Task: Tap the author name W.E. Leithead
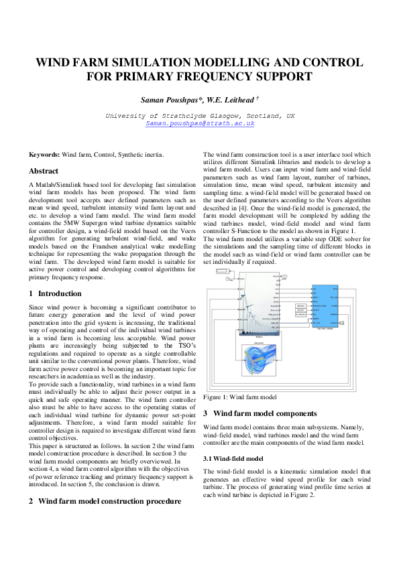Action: coord(227,100)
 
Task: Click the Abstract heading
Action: coord(44,171)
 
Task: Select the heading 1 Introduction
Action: coord(56,293)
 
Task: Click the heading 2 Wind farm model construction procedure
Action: coord(105,500)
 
